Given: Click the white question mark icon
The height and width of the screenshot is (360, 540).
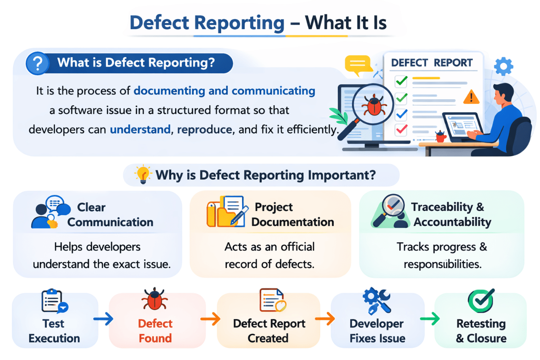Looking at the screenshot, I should (38, 64).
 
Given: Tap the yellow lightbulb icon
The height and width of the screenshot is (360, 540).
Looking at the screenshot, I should (143, 175).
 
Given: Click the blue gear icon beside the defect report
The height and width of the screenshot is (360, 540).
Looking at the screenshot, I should (503, 66).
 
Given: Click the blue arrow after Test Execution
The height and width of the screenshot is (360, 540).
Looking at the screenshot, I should (103, 319).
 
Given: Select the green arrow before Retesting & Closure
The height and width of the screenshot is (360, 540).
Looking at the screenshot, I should (429, 319).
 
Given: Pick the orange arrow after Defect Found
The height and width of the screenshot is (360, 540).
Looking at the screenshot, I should (211, 319).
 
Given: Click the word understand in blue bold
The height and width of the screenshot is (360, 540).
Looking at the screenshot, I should (140, 130).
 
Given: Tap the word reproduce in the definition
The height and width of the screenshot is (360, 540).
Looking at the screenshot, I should (205, 130).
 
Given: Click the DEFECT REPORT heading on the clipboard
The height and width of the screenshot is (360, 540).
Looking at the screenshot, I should (432, 63).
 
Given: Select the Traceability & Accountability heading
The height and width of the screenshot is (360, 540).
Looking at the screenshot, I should (452, 214).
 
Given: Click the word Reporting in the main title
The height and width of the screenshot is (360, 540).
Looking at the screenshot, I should (243, 23).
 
